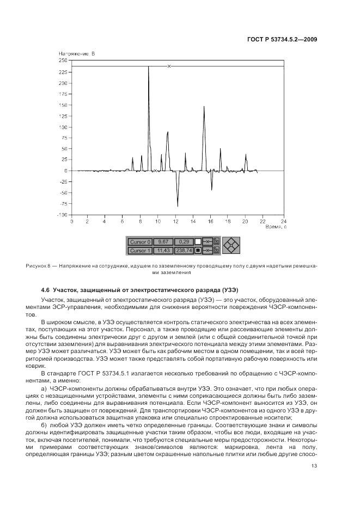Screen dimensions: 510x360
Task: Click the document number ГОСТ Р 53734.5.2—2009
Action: tap(284, 39)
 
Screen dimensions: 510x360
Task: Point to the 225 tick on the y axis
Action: tap(64, 72)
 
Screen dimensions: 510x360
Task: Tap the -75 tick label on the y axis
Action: tap(64, 204)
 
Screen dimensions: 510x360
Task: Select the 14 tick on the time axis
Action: tap(192, 221)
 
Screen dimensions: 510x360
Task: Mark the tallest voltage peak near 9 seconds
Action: tap(149, 67)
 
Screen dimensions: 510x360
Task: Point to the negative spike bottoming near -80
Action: tap(178, 206)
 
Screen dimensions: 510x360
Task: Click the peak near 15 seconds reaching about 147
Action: tap(204, 107)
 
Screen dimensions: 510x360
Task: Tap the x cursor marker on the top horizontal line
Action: tap(169, 66)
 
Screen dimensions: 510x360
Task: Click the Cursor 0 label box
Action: tap(139, 241)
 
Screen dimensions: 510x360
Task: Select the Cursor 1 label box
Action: tap(139, 251)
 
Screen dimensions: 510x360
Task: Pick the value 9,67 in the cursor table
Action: tap(162, 241)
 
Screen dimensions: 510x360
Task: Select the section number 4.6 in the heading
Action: tap(47, 289)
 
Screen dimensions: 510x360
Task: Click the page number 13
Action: tap(314, 466)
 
